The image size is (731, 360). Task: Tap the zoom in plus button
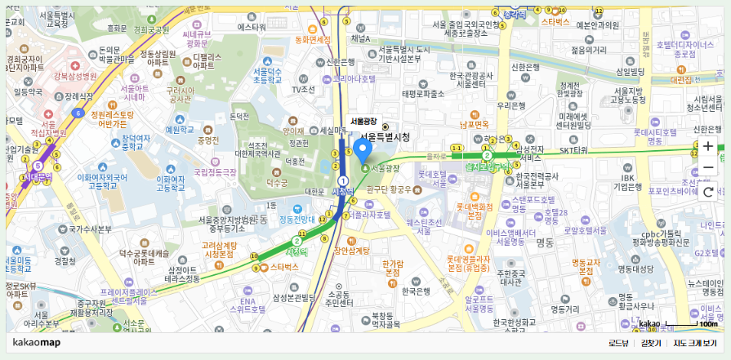click(x=708, y=147)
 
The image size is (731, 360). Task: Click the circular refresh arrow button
click(x=708, y=193)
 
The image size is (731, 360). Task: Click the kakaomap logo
click(x=37, y=343)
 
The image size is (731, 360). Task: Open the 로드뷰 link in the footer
click(x=619, y=343)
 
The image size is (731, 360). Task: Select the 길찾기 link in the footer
click(x=651, y=343)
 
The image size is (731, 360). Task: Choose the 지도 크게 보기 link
click(x=695, y=343)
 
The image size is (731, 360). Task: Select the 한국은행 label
click(x=416, y=291)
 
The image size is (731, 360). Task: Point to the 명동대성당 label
click(x=636, y=269)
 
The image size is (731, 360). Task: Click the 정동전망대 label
click(x=297, y=219)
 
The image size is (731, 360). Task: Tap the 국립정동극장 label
click(x=215, y=172)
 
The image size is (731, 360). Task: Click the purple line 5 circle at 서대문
click(x=38, y=166)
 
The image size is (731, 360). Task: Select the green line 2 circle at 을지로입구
click(x=487, y=155)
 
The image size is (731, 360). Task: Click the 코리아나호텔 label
click(x=354, y=79)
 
